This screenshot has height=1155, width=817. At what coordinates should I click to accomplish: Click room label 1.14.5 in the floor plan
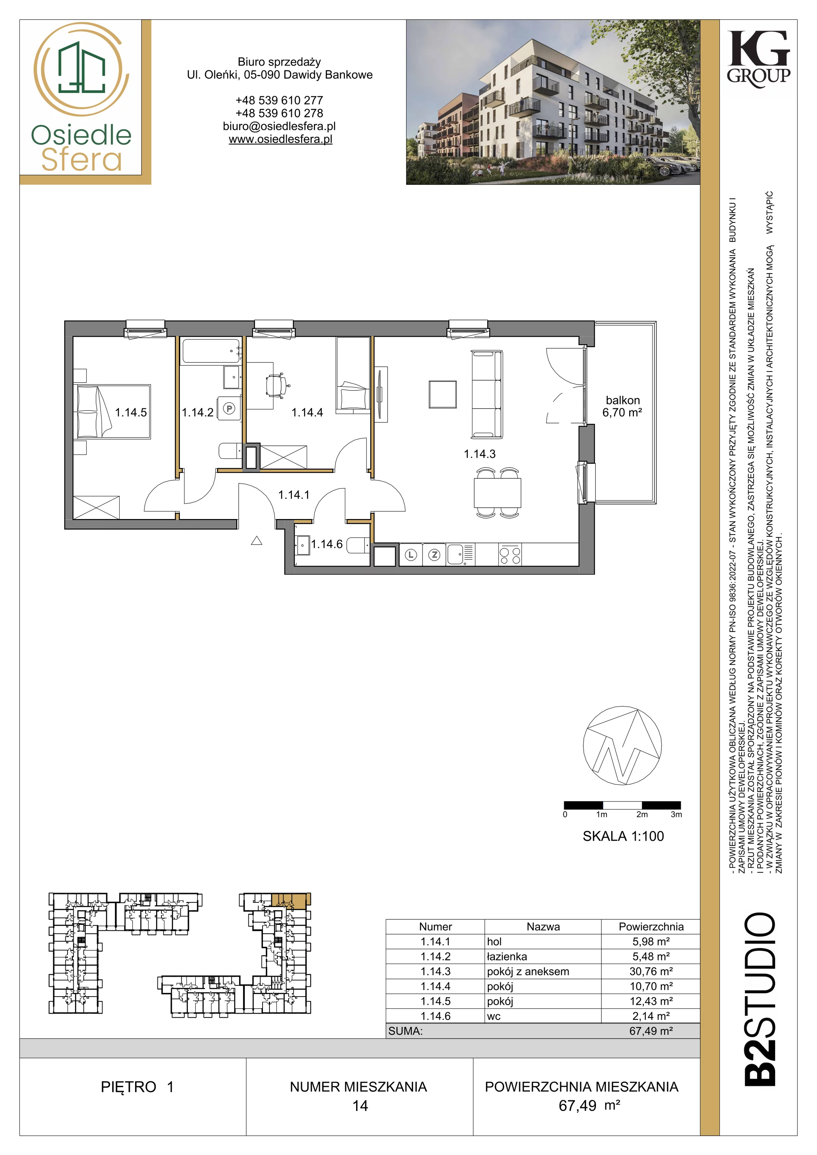click(x=131, y=413)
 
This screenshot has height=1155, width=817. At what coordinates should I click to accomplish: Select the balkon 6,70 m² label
click(x=622, y=406)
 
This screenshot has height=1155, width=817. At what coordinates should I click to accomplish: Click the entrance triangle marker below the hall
click(x=257, y=541)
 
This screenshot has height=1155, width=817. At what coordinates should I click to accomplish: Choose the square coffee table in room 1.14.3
click(x=442, y=394)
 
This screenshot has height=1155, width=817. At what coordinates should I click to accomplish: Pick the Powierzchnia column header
click(x=651, y=927)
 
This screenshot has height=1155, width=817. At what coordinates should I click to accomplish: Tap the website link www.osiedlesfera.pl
click(x=280, y=139)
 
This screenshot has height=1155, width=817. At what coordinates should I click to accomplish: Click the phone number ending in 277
click(x=280, y=100)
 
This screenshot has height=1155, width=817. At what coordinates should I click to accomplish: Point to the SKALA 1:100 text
click(x=623, y=836)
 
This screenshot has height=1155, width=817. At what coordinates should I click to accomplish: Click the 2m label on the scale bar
click(x=642, y=814)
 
